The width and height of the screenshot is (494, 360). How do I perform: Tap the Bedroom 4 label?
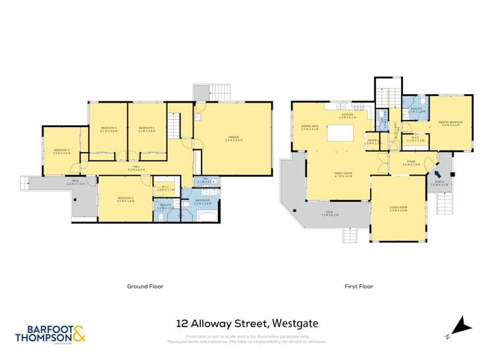click(109, 130)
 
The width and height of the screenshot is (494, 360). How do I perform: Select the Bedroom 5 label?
click(147, 130)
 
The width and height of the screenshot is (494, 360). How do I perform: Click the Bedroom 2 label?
click(126, 199)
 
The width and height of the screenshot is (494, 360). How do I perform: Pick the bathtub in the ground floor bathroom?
click(204, 213)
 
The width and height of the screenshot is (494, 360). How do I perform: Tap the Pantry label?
click(372, 141)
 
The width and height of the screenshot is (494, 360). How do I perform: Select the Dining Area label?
click(310, 128)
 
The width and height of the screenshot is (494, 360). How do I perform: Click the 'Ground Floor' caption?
click(145, 286)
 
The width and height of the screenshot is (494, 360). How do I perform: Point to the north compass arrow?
click(463, 325)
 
